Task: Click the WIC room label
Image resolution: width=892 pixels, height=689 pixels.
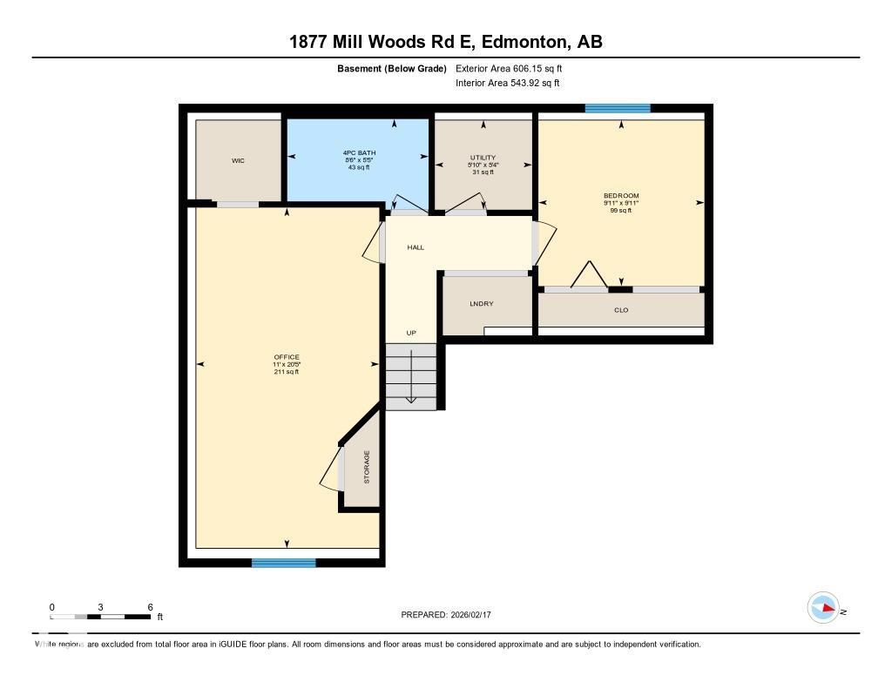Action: (238, 161)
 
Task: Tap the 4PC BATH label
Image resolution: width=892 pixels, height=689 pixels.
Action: (358, 153)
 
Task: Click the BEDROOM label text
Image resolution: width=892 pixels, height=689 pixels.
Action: (621, 195)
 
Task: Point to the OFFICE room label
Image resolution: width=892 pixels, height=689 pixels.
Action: (287, 357)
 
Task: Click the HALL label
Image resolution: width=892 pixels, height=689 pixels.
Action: (416, 247)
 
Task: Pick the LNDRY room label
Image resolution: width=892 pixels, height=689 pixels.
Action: (482, 304)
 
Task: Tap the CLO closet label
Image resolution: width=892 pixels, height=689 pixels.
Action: (621, 310)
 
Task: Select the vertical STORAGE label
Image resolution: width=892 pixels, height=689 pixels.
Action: (367, 468)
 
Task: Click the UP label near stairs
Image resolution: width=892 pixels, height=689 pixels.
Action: (411, 333)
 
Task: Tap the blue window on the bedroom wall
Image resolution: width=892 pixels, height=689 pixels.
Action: (618, 109)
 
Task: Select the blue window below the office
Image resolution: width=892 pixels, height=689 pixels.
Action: (284, 563)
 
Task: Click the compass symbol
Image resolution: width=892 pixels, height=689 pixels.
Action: (823, 608)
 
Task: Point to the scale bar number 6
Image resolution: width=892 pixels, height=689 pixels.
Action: (151, 606)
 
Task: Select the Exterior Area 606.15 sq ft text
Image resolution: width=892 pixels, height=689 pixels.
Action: (515, 68)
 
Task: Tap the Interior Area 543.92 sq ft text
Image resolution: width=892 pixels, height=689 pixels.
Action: (507, 84)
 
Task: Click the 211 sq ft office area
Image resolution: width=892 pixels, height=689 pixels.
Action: (287, 372)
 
